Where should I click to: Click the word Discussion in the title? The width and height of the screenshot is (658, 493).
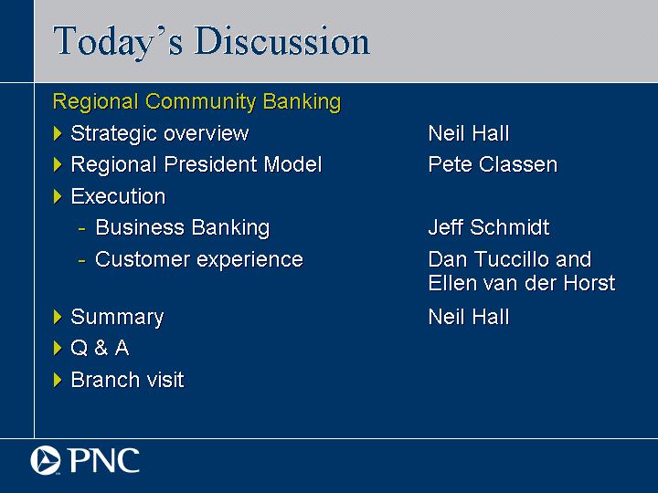click(282, 41)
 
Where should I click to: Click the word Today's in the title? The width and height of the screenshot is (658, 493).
click(118, 42)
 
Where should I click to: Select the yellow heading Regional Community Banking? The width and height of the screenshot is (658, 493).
click(196, 102)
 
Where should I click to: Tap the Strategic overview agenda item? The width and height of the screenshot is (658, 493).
click(160, 133)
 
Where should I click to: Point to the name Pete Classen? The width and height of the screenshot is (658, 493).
click(493, 164)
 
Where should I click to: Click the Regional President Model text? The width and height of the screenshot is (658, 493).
click(196, 164)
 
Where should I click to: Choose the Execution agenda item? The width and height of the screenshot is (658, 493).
click(118, 196)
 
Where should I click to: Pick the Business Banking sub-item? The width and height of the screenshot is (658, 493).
click(183, 228)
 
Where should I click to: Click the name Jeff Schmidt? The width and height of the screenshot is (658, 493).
click(489, 227)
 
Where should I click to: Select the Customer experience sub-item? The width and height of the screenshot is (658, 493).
click(199, 260)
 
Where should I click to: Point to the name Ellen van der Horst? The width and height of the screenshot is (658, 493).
click(522, 283)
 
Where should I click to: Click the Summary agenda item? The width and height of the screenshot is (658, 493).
click(117, 318)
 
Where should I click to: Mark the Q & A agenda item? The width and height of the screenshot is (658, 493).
click(100, 348)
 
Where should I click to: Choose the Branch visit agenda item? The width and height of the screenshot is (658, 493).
click(128, 380)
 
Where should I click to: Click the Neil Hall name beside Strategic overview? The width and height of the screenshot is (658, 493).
click(469, 133)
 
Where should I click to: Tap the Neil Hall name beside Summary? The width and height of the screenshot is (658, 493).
click(469, 317)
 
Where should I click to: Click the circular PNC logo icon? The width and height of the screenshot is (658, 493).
click(46, 460)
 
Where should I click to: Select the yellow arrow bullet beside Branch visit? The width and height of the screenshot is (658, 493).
click(58, 380)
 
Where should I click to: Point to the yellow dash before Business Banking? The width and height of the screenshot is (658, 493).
click(82, 229)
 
